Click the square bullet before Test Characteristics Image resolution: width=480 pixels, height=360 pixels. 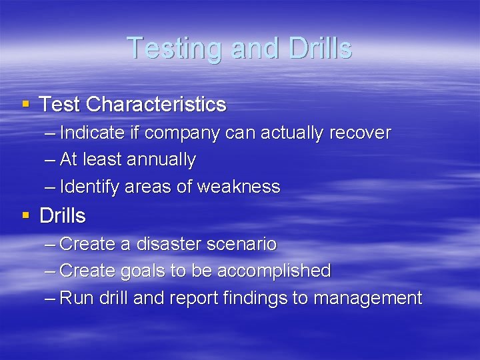coord(26,103)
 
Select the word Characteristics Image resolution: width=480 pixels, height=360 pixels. coord(156,105)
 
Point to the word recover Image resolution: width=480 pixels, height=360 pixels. coord(360,133)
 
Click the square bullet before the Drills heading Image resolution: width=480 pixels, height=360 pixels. coord(26,215)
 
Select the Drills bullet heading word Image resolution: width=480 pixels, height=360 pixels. coord(63,216)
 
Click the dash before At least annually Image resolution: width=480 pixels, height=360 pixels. coord(49,160)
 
